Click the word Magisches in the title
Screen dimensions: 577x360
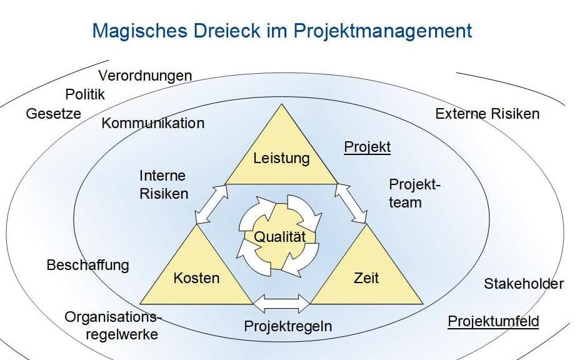140,31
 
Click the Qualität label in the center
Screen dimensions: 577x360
279,236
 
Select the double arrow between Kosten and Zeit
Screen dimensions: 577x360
281,303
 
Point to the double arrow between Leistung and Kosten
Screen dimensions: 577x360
211,204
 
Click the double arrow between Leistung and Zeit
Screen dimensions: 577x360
351,203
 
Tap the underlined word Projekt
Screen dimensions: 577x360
367,147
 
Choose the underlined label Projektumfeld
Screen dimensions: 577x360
493,321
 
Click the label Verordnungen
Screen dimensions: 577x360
146,76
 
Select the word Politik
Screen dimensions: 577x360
85,94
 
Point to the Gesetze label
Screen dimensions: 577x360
53,114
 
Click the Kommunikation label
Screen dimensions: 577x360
153,123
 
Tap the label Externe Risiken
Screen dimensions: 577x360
488,114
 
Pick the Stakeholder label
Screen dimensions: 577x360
524,284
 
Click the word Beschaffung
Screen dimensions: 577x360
88,265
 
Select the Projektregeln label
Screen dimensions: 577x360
288,326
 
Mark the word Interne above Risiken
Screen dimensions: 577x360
163,176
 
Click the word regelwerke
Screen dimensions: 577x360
122,334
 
